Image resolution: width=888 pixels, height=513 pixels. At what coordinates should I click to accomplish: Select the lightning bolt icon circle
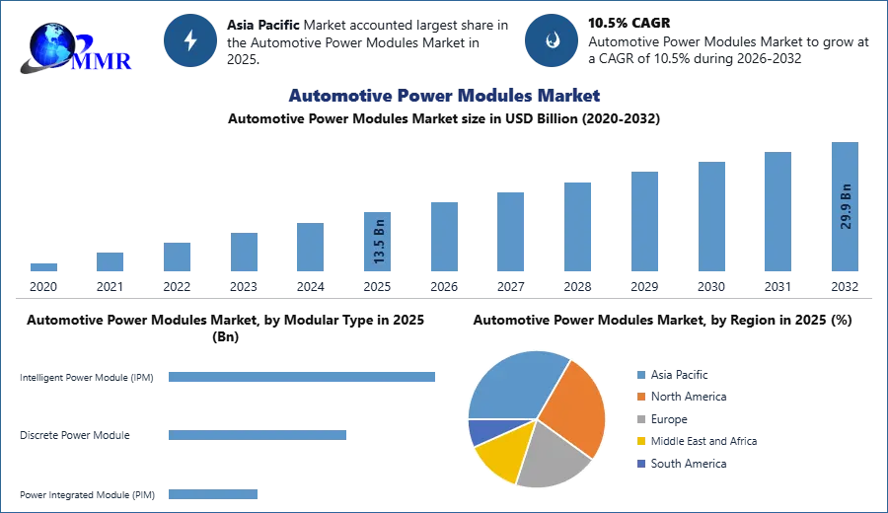[191, 40]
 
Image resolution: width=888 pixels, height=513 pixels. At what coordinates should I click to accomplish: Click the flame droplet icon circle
[552, 40]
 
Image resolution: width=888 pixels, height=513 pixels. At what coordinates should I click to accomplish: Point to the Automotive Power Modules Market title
[444, 96]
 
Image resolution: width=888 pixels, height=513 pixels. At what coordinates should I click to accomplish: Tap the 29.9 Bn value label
[846, 206]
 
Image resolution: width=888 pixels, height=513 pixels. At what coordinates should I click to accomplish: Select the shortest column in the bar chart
[43, 268]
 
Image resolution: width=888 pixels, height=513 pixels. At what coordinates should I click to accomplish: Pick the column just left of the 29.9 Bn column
[777, 212]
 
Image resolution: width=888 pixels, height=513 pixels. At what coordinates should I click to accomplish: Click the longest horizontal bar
[303, 378]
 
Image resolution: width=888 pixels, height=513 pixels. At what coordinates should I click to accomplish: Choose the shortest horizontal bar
[212, 496]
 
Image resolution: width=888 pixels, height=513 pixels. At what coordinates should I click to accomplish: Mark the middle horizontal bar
[257, 434]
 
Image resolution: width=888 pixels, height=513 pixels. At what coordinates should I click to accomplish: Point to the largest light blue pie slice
[513, 386]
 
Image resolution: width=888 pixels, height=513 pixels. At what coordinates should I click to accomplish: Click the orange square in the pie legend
[640, 397]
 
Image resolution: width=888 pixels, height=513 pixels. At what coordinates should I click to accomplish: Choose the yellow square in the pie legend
[640, 441]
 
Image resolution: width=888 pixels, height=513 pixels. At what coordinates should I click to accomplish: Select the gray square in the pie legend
[640, 418]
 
